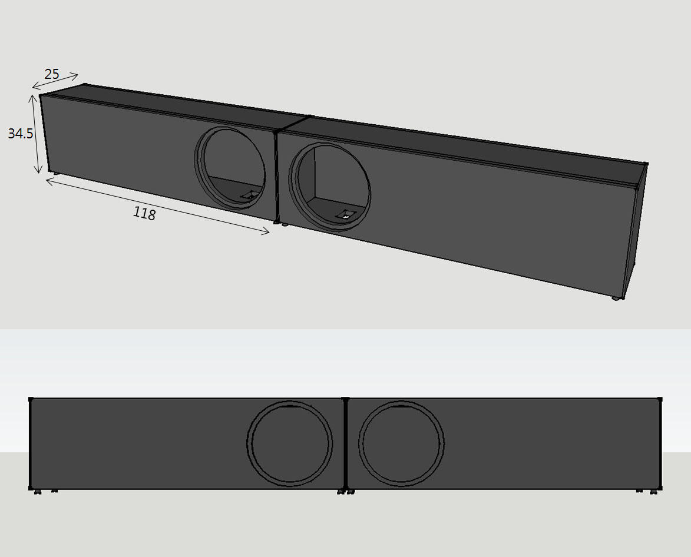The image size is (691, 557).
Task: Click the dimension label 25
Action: (x=52, y=74)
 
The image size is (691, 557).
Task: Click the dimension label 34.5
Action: (x=20, y=134)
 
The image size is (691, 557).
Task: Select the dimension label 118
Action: (x=144, y=214)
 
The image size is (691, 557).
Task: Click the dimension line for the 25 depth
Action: (x=55, y=81)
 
